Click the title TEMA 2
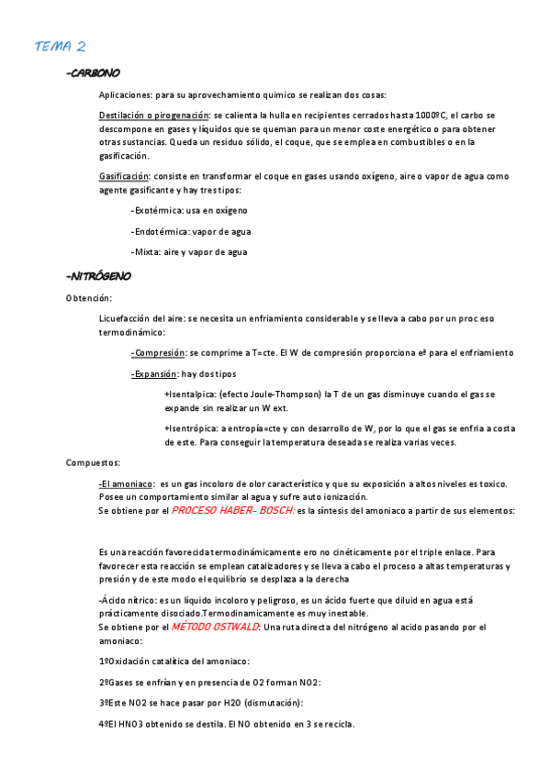61,46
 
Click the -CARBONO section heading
94,73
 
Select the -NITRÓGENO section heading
99,275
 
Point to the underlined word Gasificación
123,175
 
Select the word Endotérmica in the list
163,232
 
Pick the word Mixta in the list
150,252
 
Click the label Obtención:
88,298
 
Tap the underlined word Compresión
158,352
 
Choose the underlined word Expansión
155,374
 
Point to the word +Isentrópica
191,428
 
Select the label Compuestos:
93,462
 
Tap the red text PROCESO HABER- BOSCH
232,511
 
